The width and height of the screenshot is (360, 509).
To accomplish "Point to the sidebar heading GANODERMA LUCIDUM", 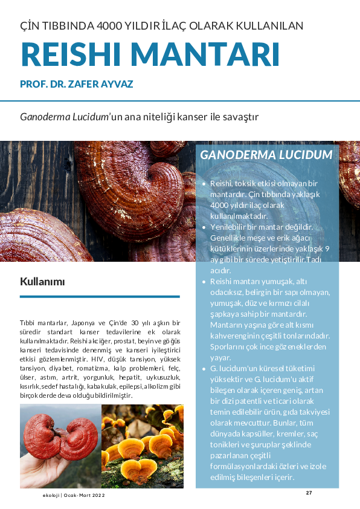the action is pyautogui.click(x=266, y=155).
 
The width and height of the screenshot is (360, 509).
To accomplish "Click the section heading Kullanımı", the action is pyautogui.click(x=42, y=282).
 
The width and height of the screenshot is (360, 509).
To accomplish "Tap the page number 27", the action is pyautogui.click(x=309, y=493).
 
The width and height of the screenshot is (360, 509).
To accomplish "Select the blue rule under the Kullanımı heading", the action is pyautogui.click(x=100, y=296).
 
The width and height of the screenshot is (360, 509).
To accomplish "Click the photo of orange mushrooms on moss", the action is pyautogui.click(x=142, y=446).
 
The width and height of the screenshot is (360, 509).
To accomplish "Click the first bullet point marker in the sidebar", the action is pyautogui.click(x=204, y=183).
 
